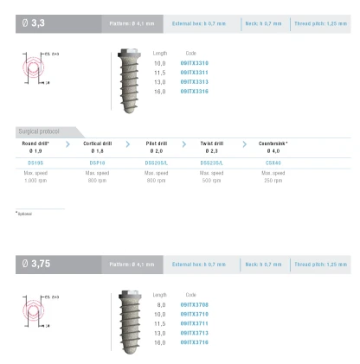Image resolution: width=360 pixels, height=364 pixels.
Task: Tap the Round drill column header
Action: click(x=35, y=144)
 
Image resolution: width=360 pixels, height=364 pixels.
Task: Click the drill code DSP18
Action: click(x=97, y=160)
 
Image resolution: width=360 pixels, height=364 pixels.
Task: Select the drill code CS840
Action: click(x=273, y=160)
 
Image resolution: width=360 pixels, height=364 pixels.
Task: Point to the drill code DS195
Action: click(x=35, y=160)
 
